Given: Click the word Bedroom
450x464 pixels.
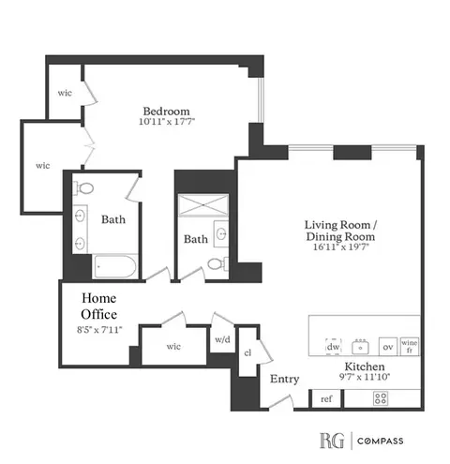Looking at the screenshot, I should coord(161,108).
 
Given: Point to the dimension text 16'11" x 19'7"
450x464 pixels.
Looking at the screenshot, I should coord(340,251).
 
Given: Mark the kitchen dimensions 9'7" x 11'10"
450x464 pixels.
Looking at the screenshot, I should coord(364,379).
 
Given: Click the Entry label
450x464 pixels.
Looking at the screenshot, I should coord(284,379).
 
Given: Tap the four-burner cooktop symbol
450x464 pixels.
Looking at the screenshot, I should coord(382,397).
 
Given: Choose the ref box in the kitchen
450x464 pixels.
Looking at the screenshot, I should coord(326,398).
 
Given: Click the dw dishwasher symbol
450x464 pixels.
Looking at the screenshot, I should coord(333,346).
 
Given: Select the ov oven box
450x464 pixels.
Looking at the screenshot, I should coord(386,346).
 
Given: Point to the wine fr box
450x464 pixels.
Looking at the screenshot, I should coord(410,346).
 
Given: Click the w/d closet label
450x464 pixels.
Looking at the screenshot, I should coord(222,339).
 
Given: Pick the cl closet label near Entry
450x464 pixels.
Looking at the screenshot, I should coord(247,353).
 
